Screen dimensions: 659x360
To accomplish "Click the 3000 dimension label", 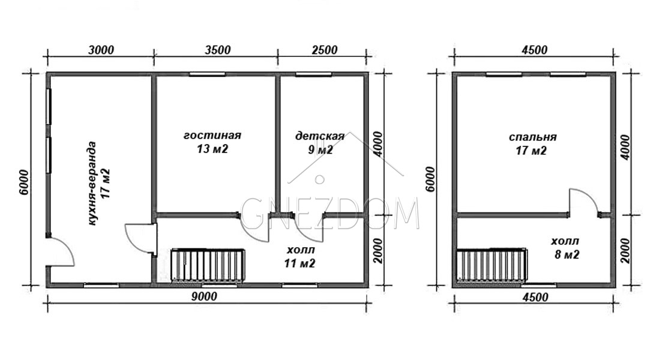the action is pos(101,50).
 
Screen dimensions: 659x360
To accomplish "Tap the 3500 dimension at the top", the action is pos(218,50).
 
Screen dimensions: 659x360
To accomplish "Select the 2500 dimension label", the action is pos(325,50).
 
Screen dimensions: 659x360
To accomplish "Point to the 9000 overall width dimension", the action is pos(204,296).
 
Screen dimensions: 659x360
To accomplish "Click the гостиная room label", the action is pos(212,135).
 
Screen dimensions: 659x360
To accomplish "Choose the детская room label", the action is pos(320,136).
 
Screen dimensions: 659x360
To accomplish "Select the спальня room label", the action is pos(533,137).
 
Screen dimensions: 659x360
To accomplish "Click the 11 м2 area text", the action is pos(299,263).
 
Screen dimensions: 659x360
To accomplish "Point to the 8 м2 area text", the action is pos(567,254).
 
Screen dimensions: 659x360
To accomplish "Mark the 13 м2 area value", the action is pos(212,149).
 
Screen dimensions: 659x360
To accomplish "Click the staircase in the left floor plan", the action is pos(208,265).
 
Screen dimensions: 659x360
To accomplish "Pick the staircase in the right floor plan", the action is pos(492,265).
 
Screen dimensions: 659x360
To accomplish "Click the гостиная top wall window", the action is pos(207,74).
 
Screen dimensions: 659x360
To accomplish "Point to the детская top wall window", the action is pos(313,74).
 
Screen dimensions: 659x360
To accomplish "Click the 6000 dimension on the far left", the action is pos(24,182).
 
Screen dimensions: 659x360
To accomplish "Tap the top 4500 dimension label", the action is pos(535,50).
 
